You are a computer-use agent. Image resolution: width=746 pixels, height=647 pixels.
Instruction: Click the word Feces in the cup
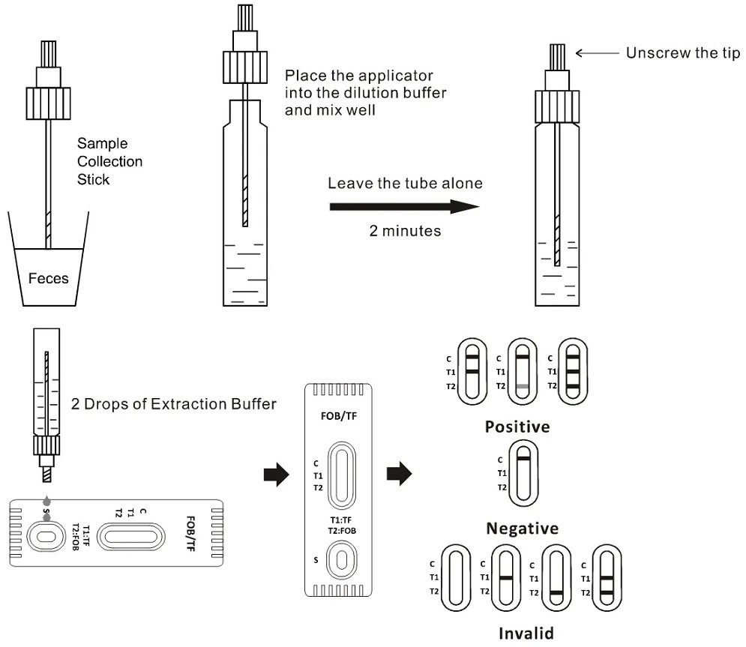click(48, 279)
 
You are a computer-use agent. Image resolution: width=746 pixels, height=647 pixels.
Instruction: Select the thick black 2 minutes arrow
click(404, 206)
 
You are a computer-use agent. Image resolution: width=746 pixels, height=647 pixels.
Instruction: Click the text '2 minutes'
click(405, 231)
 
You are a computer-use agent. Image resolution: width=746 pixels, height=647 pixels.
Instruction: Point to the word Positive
click(517, 427)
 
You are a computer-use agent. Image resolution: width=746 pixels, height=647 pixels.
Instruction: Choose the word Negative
click(522, 529)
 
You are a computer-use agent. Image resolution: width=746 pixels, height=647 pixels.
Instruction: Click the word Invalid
click(522, 633)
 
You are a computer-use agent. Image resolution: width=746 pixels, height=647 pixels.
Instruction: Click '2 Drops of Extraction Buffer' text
click(174, 404)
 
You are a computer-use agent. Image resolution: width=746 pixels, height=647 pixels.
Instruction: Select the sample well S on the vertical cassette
click(342, 560)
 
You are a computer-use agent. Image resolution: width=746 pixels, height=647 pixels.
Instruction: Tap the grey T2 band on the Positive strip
click(523, 385)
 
